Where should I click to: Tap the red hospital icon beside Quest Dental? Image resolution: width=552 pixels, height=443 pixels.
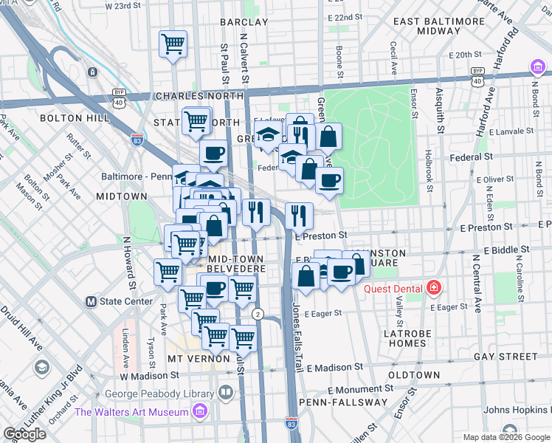tap(434, 288)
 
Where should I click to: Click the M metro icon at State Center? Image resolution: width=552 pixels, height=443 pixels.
tap(92, 301)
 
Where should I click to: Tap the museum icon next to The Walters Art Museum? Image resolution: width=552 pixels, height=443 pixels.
tap(199, 411)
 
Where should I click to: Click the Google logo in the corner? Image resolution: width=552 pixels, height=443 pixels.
tap(24, 434)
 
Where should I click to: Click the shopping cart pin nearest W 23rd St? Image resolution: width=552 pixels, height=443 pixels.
tap(173, 44)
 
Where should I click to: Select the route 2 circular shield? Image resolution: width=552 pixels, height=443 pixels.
tap(258, 314)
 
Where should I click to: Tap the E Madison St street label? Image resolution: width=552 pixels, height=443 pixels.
tap(336, 367)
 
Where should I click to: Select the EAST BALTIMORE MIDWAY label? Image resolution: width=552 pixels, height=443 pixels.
tap(438, 27)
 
